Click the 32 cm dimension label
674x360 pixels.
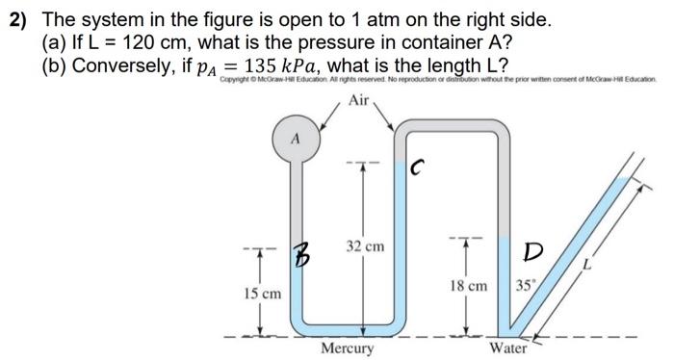(x=365, y=246)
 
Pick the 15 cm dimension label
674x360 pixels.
(x=262, y=292)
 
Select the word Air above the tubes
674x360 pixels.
(x=359, y=100)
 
